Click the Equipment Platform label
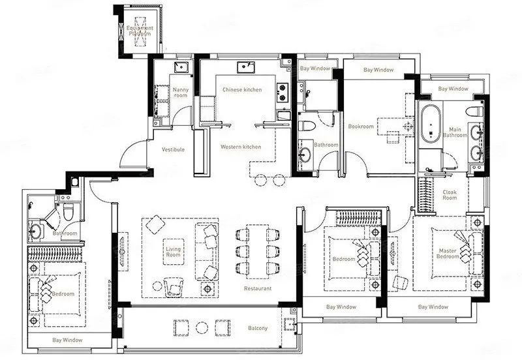140,31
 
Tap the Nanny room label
181,93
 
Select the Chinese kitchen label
242,89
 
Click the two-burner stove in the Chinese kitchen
283,92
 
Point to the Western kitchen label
241,147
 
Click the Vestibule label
173,149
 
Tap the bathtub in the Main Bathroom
431,123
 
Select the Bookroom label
361,127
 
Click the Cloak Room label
450,195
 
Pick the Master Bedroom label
448,254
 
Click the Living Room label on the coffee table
173,252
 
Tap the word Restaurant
258,288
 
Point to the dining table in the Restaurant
257,251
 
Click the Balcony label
258,328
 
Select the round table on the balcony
202,328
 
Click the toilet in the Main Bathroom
474,111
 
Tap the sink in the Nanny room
181,67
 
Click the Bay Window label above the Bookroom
378,70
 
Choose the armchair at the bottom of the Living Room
174,287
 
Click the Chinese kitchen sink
246,67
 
